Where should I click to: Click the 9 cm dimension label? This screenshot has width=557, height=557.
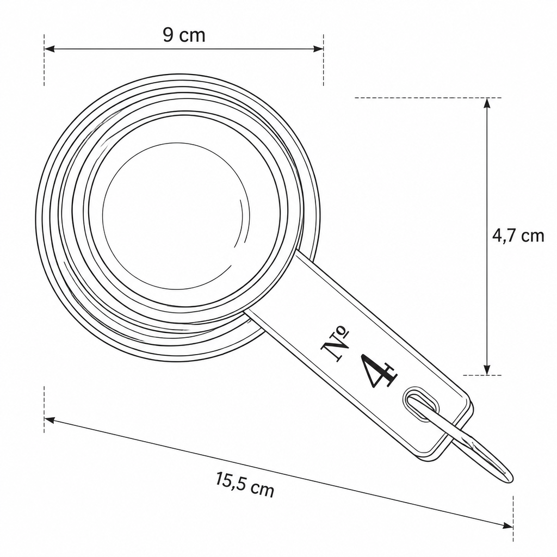pos(184,35)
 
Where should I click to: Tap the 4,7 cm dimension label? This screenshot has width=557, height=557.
pos(518,236)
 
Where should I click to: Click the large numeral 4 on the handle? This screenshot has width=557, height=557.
pos(379,372)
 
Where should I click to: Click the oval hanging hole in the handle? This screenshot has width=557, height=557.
pos(421,404)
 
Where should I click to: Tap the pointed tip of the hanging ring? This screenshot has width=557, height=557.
pos(511,479)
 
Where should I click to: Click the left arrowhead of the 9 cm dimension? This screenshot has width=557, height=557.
pos(49,48)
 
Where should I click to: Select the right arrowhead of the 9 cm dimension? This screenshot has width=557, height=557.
pos(319,48)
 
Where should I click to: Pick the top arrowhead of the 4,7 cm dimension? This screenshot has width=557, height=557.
pos(487,103)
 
